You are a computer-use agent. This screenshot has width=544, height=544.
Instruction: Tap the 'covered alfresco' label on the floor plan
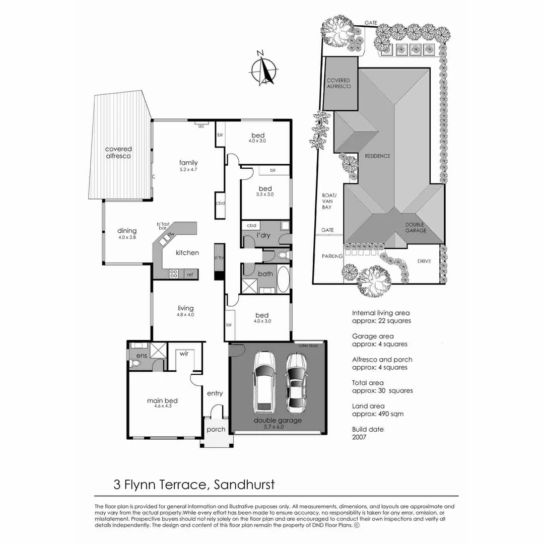tap(118, 153)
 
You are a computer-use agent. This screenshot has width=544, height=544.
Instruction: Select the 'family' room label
tap(188, 163)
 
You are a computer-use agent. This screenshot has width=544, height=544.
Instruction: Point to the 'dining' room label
tap(127, 231)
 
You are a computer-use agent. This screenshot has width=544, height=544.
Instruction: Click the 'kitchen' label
tap(187, 252)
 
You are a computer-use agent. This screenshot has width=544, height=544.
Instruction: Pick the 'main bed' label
tap(162, 401)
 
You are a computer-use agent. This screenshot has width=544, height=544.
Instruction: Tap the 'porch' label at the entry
tap(216, 430)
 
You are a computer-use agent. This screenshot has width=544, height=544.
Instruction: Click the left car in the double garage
tap(264, 381)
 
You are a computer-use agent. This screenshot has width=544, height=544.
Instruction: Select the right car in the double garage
tap(297, 381)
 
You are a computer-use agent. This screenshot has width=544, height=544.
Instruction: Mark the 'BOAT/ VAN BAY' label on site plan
tap(326, 201)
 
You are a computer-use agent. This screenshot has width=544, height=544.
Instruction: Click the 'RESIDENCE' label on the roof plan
tap(377, 156)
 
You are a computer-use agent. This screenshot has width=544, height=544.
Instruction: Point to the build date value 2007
tap(359, 437)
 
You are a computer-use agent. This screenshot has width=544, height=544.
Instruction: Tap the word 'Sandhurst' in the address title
tap(244, 485)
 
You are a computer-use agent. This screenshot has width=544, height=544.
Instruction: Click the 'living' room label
tap(185, 308)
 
